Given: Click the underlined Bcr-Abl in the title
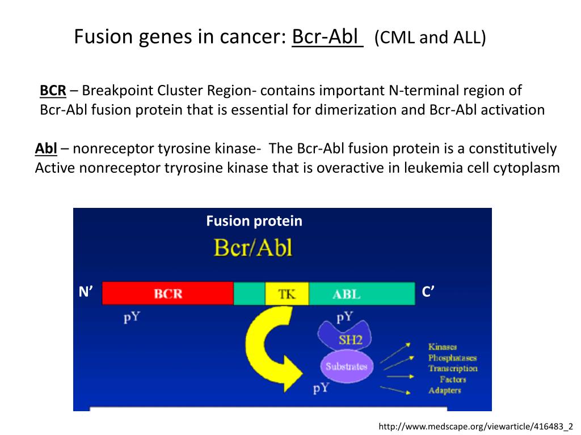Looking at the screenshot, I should click(327, 37).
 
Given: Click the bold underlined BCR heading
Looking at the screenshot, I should click(53, 90).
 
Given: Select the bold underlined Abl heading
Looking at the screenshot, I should click(46, 149).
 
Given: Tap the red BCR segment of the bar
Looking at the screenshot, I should click(168, 294).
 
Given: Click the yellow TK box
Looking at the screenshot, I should click(287, 294).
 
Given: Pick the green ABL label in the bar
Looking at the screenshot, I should click(346, 295).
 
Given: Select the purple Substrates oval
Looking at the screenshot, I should click(346, 366).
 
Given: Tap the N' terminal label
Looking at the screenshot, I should click(86, 292).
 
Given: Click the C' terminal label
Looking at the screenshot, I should click(428, 292).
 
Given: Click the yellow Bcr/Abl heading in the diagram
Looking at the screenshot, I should click(252, 248).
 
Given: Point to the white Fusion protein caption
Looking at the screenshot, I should click(254, 221).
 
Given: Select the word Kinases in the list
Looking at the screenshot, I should click(443, 347).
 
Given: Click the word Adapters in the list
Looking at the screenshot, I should click(445, 391).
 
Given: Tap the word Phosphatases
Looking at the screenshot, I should click(452, 358).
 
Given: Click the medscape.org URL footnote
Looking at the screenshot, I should click(475, 427).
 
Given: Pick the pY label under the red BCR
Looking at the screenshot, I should click(132, 317).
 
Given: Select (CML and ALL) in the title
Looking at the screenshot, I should click(430, 38).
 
